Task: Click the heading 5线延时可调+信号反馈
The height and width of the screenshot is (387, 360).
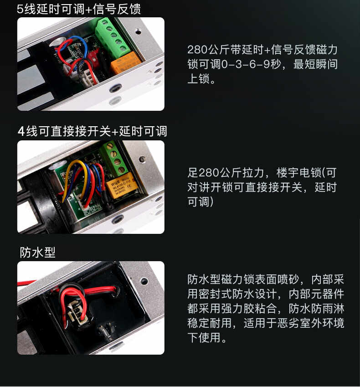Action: tap(79, 9)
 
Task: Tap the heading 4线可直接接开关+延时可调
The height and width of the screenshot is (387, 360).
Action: tap(93, 131)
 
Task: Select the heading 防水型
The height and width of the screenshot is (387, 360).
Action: tap(37, 252)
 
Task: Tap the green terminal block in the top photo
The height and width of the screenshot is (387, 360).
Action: tap(113, 37)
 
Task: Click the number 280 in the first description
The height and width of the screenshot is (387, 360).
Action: tap(197, 50)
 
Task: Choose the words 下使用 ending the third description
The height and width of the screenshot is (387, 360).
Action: tap(204, 338)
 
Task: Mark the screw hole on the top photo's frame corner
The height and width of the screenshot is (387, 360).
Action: tap(139, 31)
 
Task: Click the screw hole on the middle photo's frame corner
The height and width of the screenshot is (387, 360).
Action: tap(142, 159)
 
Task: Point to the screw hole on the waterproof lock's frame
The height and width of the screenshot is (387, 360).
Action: tap(144, 281)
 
